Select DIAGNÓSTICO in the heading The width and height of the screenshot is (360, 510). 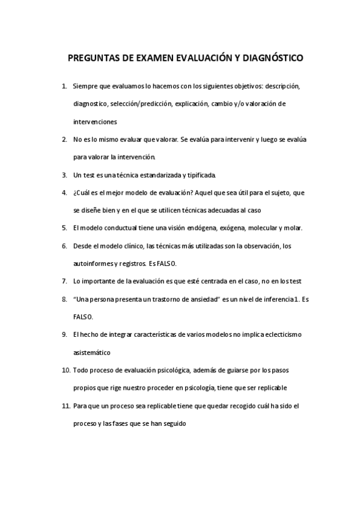pos(272,59)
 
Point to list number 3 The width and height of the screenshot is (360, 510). pos(64,175)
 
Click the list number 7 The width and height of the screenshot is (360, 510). pos(64,281)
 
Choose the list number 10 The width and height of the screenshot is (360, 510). pos(66,369)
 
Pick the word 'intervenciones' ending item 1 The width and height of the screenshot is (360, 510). pos(94,121)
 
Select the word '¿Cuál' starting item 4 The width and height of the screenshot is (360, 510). pos(82,192)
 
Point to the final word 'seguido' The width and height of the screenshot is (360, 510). pos(174,423)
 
